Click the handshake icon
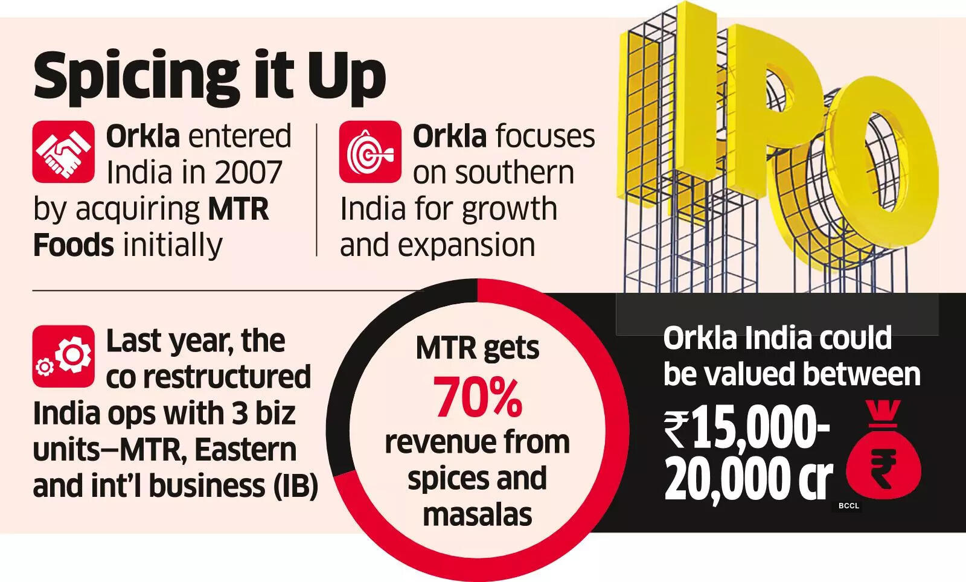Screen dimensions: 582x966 tap(63, 152)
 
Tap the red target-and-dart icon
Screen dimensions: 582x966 tap(369, 152)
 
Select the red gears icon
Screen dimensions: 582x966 tap(63, 356)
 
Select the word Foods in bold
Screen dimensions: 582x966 tap(73, 245)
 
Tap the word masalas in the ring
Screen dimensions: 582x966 tap(478, 514)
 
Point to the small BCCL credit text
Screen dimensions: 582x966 tap(848, 506)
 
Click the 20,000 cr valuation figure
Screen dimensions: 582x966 tap(749, 480)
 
